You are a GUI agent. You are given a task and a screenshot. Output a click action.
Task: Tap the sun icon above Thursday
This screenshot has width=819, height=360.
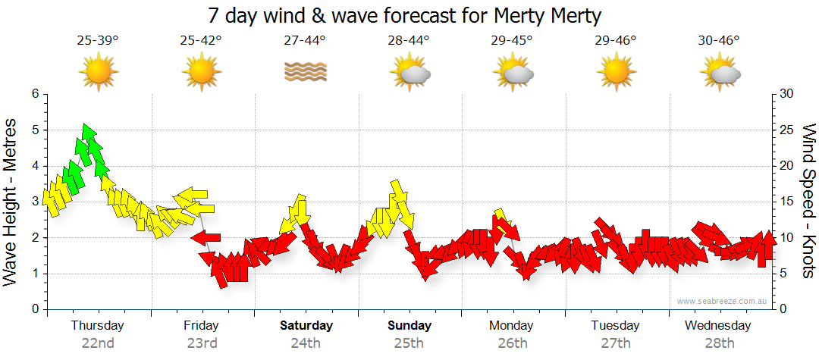(x=98, y=73)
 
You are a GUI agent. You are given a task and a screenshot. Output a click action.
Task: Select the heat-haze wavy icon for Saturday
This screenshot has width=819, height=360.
(x=306, y=72)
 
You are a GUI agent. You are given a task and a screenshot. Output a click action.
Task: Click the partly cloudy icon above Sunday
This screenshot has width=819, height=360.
(x=410, y=73)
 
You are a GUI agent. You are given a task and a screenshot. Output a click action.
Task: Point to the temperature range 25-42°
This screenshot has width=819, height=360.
(x=201, y=41)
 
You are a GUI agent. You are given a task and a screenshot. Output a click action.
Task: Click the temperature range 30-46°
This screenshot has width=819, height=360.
(x=718, y=41)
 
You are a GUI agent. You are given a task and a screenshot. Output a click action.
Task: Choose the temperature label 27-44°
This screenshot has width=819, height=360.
(x=305, y=41)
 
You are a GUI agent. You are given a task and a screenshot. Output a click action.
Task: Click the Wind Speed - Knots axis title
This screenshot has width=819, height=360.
(x=808, y=201)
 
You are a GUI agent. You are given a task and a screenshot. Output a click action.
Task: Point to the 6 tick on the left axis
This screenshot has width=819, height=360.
(x=34, y=94)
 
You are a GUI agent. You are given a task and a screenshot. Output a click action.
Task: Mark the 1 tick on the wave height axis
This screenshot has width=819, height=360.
(x=34, y=274)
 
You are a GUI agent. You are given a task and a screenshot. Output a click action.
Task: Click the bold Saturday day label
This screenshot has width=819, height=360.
(x=306, y=326)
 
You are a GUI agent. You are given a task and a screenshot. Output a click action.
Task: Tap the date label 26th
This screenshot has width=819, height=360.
(x=512, y=343)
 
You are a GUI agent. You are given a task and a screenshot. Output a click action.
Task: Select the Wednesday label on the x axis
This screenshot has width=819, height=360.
(x=717, y=326)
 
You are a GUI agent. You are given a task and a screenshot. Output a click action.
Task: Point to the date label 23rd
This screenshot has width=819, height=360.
(x=202, y=343)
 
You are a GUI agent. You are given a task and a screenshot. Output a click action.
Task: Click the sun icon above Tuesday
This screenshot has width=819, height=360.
(x=616, y=73)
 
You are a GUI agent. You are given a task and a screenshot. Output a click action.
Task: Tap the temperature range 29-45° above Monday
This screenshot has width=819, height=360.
(x=512, y=41)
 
